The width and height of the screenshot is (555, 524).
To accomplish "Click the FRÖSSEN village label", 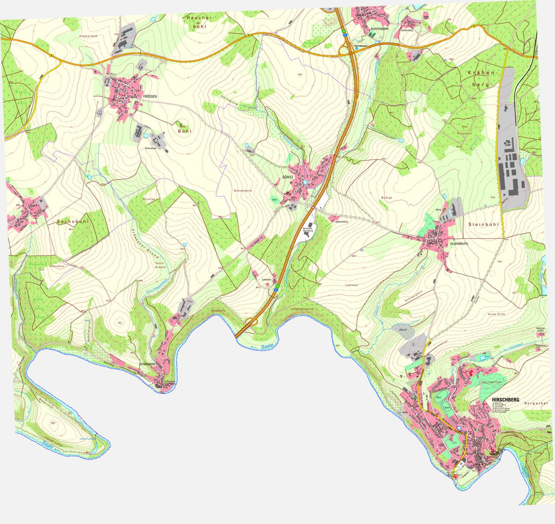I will coord(150,96).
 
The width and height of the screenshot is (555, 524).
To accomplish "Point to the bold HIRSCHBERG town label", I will coord(506,399).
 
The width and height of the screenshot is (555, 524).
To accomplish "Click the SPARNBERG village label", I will coord(148,364).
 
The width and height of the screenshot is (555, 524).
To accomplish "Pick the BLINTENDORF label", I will coord(380,29).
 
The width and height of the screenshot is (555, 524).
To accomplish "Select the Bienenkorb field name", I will coord(243,190).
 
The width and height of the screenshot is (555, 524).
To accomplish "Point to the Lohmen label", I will coord(351,285).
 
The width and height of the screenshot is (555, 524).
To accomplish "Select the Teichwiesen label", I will coord(160,265).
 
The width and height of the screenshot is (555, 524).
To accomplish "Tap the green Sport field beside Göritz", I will coord(275,200).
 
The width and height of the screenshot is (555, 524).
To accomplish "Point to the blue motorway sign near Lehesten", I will coord(276,289).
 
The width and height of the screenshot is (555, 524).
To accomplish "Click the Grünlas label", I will coord(148,199).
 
